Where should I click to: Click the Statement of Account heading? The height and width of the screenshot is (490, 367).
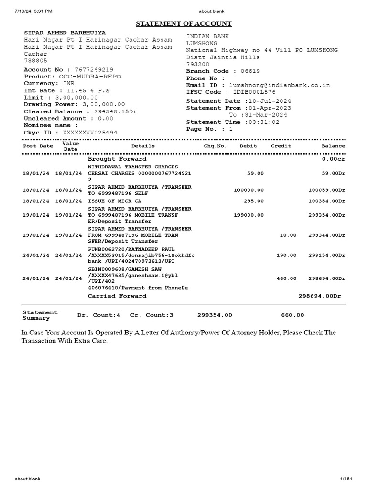click(184, 23)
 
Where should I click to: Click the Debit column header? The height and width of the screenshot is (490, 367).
click(248, 146)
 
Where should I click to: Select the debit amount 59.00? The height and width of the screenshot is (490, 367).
click(255, 173)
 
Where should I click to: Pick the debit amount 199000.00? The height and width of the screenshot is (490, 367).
click(248, 215)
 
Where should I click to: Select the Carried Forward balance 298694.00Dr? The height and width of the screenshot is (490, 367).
click(320, 296)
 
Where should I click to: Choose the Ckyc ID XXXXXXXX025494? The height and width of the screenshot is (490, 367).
click(87, 133)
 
